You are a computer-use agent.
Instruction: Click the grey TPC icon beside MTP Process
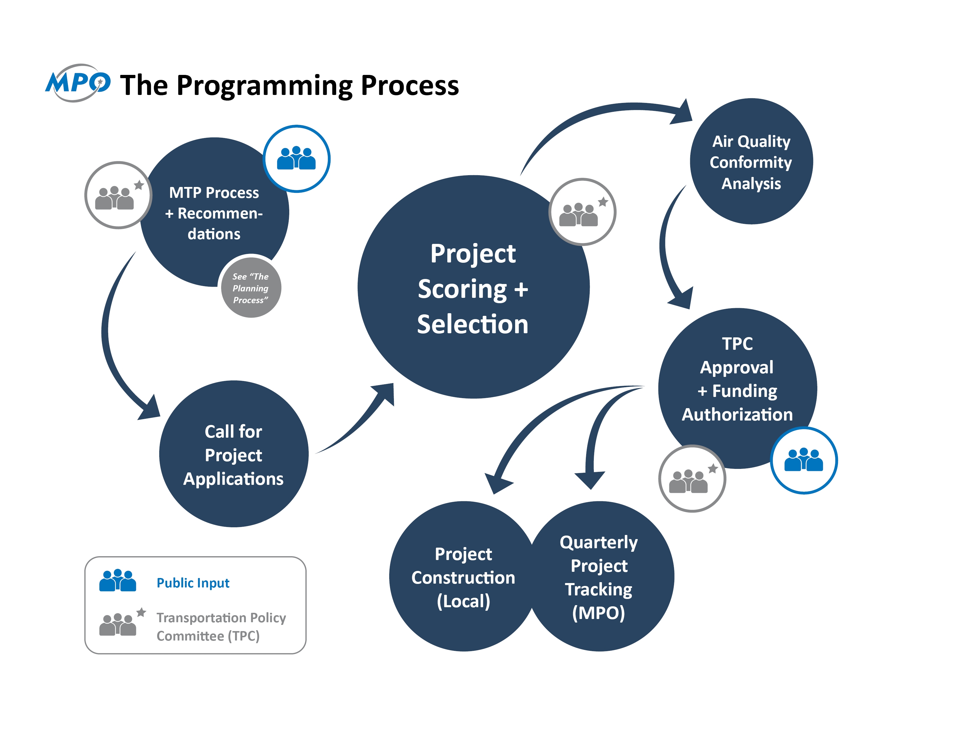pos(118,195)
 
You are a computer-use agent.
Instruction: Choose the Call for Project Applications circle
pos(234,454)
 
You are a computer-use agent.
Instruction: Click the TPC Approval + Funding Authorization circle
pos(737,379)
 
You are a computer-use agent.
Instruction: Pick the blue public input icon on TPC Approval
pos(804,460)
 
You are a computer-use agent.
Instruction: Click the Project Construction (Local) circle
pos(463,577)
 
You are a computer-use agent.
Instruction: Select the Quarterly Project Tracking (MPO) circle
pos(599,577)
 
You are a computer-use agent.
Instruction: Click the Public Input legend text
pos(193,583)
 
